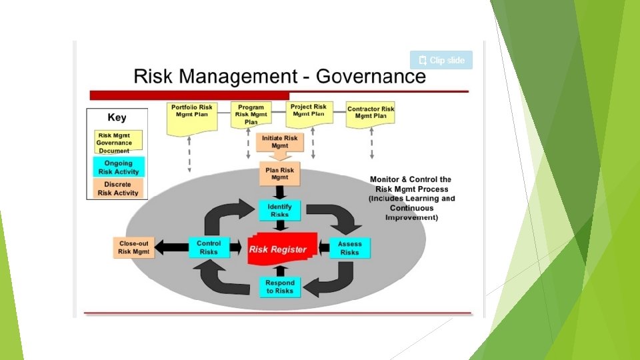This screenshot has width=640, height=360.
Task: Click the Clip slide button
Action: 441,60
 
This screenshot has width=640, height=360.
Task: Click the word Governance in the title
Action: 370,76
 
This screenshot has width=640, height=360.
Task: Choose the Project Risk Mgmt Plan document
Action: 309,113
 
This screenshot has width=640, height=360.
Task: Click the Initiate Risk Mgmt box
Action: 280,141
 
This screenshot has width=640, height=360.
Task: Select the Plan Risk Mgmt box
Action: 280,175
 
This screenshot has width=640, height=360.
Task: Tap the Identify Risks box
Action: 280,211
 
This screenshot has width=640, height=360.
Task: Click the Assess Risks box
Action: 349,248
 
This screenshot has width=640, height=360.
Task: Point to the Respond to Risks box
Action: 280,287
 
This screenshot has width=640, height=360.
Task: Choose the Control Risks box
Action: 209,248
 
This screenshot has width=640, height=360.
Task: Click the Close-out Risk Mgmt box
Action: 133,248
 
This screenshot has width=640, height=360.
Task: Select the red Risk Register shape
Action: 278,249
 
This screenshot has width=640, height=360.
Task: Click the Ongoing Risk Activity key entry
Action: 118,167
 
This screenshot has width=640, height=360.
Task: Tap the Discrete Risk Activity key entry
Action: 118,189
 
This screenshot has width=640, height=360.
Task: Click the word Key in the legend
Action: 117,117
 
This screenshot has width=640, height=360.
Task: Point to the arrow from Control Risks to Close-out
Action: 171,248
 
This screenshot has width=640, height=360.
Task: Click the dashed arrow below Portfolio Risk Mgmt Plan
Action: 189,153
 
